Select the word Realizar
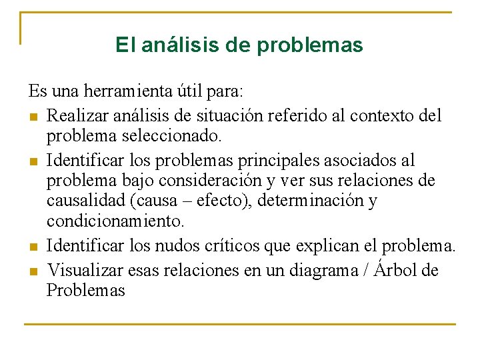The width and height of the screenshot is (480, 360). pos(78,116)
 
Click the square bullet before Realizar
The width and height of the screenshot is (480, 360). pos(33,117)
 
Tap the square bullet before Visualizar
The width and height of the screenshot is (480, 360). pos(33,271)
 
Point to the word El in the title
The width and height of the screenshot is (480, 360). pos(124,45)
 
